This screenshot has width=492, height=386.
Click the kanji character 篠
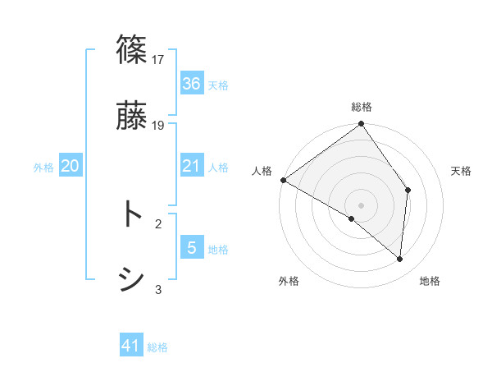[132, 50]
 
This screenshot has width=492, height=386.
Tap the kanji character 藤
[132, 116]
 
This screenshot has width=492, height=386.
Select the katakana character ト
[131, 214]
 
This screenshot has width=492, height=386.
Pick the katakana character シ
[132, 279]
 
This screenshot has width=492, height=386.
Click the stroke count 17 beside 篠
[159, 59]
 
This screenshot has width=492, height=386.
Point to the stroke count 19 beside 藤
[159, 125]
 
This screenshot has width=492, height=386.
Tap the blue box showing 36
[192, 84]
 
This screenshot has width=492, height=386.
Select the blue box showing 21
[192, 166]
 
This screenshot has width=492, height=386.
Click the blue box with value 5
[192, 248]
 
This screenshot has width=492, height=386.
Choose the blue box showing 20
[71, 166]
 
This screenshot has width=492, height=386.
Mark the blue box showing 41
[131, 347]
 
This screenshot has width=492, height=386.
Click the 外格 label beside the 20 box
[43, 168]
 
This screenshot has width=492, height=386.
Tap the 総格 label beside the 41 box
[157, 348]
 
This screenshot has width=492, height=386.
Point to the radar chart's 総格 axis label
[362, 107]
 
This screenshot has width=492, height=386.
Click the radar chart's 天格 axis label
[462, 171]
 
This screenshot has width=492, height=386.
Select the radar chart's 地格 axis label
[430, 281]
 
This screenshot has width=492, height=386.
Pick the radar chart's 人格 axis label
[262, 171]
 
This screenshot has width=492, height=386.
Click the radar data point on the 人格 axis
[283, 180]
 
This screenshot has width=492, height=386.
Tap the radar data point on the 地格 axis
[400, 260]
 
